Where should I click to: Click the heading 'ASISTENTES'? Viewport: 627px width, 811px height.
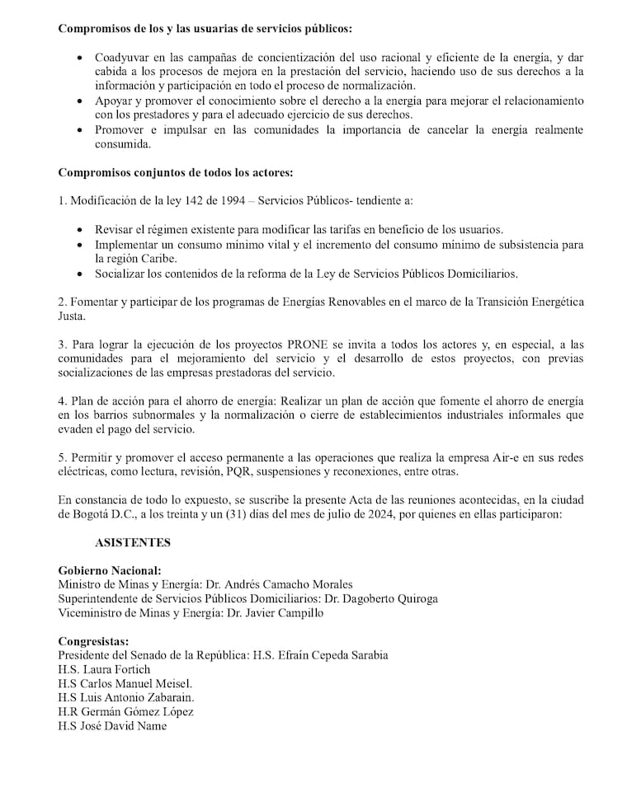pos(133,542)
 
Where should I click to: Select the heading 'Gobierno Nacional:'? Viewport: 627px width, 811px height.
pos(110,570)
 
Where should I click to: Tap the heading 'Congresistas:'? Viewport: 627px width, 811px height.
pos(94,641)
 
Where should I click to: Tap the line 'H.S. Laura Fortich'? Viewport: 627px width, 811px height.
pos(104,669)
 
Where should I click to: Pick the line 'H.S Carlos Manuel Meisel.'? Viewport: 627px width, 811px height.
pos(125,683)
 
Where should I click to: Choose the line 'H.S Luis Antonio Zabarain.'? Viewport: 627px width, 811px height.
pos(125,697)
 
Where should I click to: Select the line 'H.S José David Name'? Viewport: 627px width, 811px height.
pos(112,726)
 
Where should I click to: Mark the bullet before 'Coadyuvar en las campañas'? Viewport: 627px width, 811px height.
pos(78,59)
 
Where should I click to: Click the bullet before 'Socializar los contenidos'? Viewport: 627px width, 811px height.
pos(78,274)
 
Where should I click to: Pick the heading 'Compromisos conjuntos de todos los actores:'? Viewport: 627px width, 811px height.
pos(176,173)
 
